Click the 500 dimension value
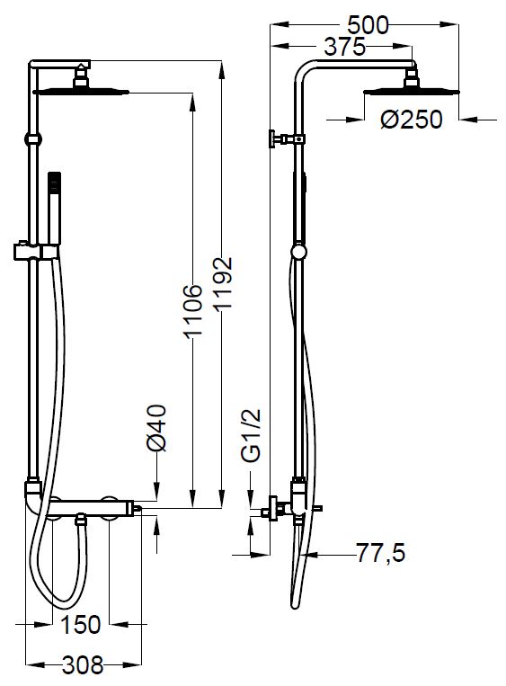[368, 25]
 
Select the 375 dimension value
[344, 47]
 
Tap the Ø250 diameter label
[412, 119]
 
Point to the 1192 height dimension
[223, 283]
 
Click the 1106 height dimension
[193, 311]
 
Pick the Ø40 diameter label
[157, 428]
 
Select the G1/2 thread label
[252, 435]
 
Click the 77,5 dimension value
[380, 553]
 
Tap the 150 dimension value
[81, 625]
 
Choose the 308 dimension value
[83, 665]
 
